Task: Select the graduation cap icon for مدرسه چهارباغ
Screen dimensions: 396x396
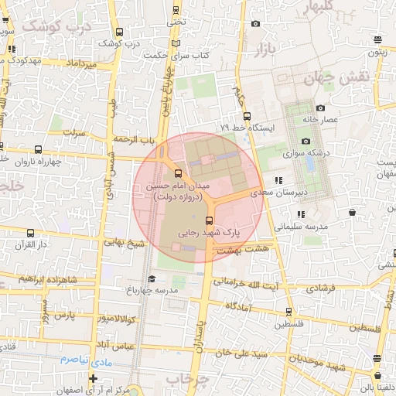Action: [x=152, y=278]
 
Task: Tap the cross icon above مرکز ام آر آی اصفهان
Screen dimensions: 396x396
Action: [x=94, y=378]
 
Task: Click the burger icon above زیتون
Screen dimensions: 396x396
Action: [x=377, y=40]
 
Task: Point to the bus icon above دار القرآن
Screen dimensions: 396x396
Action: [x=30, y=233]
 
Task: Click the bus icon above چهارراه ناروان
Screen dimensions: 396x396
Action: [x=2, y=146]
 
